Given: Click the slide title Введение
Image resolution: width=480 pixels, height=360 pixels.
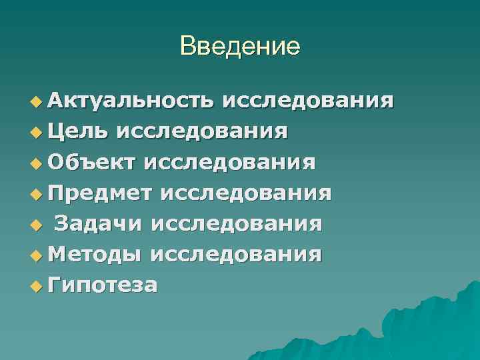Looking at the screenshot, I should point(240,46).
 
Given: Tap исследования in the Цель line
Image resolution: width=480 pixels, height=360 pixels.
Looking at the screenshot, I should point(203,131).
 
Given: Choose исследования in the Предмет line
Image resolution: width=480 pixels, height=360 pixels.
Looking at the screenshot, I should point(245,193).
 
